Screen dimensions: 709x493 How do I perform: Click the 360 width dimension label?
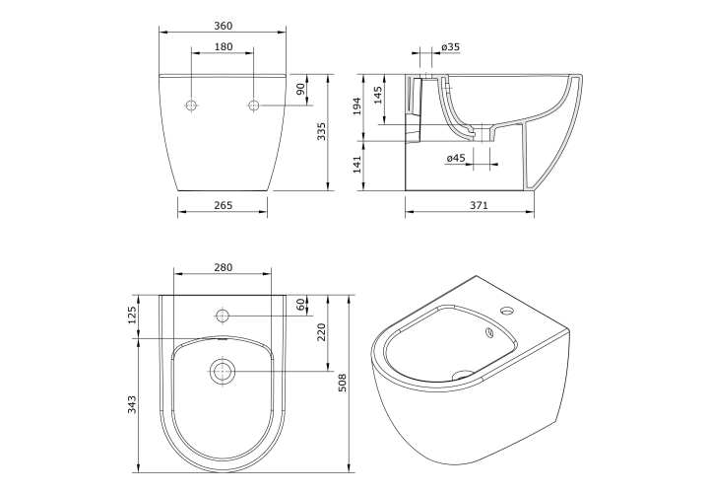coord(223,26)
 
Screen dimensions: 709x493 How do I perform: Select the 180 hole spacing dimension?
coord(223,46)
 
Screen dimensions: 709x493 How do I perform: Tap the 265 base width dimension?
coord(223,205)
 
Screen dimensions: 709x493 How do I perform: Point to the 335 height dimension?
coord(321,131)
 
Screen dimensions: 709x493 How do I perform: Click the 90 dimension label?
coord(300,89)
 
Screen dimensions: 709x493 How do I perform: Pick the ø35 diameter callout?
coord(450,46)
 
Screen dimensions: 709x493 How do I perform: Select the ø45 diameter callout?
coord(456,158)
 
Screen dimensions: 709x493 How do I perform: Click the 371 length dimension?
coord(479,205)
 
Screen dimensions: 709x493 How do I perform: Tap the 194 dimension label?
coord(357,106)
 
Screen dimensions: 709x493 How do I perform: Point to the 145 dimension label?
coord(378,95)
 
